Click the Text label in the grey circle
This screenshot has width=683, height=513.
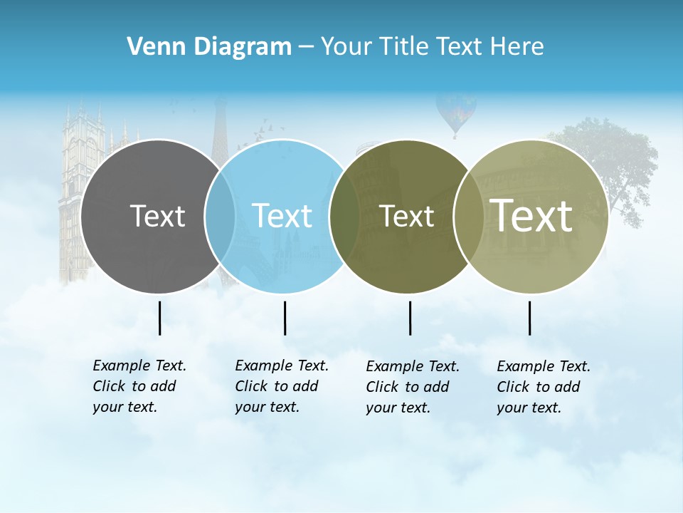[x=157, y=216]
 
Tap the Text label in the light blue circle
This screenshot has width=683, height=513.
[x=282, y=216]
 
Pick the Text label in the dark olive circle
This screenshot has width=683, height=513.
[x=406, y=217]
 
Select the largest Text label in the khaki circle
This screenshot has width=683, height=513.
[x=531, y=215]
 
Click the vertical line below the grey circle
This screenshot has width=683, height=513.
[x=159, y=318]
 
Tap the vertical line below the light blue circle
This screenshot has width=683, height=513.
[x=285, y=318]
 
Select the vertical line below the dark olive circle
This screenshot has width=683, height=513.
[x=410, y=318]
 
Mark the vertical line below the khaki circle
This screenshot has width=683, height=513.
[x=529, y=318]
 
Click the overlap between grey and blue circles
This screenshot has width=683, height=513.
[x=220, y=216]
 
